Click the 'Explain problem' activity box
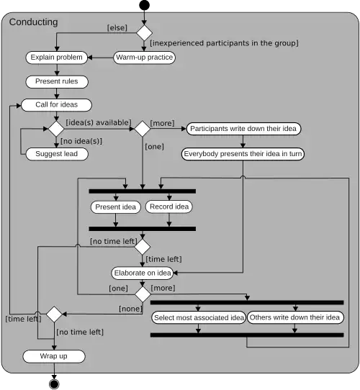pyautogui.click(x=57, y=57)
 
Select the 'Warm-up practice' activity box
pyautogui.click(x=144, y=57)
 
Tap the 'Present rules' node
pyautogui.click(x=57, y=81)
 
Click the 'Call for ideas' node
pyautogui.click(x=57, y=105)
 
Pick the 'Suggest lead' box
pyautogui.click(x=57, y=154)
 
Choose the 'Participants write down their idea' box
pyautogui.click(x=243, y=129)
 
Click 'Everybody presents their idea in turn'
pyautogui.click(x=243, y=154)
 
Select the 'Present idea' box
pyautogui.click(x=115, y=207)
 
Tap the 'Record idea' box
pyautogui.click(x=169, y=207)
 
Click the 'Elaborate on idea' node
pyautogui.click(x=143, y=273)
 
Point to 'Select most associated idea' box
pyautogui.click(x=198, y=317)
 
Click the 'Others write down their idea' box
pyautogui.click(x=295, y=317)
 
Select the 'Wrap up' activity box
pyautogui.click(x=54, y=356)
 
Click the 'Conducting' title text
pyautogui.click(x=33, y=22)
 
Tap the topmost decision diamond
pyautogui.click(x=144, y=32)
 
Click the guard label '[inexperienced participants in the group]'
pyautogui.click(x=225, y=43)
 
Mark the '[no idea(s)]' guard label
pyautogui.click(x=81, y=141)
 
